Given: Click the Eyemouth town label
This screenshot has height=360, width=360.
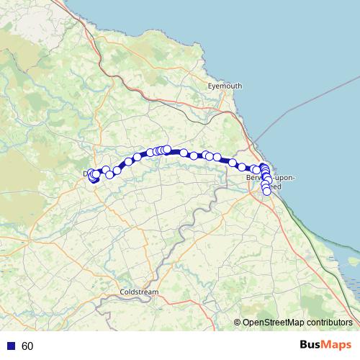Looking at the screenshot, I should pos(225,86).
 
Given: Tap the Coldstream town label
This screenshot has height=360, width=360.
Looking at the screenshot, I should pos(140,292).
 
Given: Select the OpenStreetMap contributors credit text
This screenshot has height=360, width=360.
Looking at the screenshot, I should pos(294,322).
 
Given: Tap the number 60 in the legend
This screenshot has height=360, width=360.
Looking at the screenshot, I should pos(27,346).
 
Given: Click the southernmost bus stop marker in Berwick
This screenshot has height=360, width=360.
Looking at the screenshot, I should pos(266,191).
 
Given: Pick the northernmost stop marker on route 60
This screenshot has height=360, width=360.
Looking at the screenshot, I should pos(167,149).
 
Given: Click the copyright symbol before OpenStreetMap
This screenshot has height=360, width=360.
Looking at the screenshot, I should pos(238,322).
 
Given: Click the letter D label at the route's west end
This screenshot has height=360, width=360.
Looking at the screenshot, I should pos(86,174).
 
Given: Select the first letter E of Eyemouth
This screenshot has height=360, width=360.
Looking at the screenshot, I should pos(210,86).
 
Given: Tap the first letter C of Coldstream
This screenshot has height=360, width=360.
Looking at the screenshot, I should pos(124,292).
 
